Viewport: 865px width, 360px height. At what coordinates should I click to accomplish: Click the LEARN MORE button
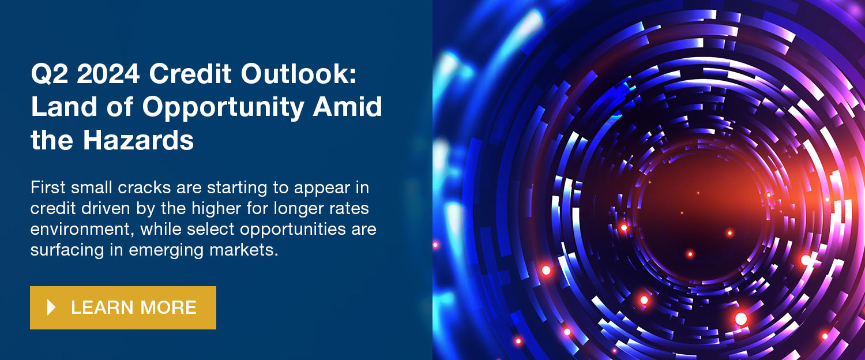pos(123,307)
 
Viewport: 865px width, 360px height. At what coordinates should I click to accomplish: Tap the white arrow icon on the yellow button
pos(51,307)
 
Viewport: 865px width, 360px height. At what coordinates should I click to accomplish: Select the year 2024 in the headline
pos(108,73)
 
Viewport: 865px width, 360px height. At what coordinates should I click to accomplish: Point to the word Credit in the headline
pos(190,73)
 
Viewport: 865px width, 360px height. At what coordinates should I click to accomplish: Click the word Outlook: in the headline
pos(299,73)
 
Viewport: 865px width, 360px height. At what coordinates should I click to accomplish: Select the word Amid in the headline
pos(348,107)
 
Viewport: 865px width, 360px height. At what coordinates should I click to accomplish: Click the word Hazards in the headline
pos(138,140)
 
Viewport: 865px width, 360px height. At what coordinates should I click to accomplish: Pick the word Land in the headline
pos(63,107)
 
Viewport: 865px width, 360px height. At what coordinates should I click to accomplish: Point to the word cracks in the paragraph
pos(144,187)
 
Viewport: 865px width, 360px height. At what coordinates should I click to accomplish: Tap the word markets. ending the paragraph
pos(244,250)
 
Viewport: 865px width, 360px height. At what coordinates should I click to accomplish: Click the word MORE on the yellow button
pos(168,307)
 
